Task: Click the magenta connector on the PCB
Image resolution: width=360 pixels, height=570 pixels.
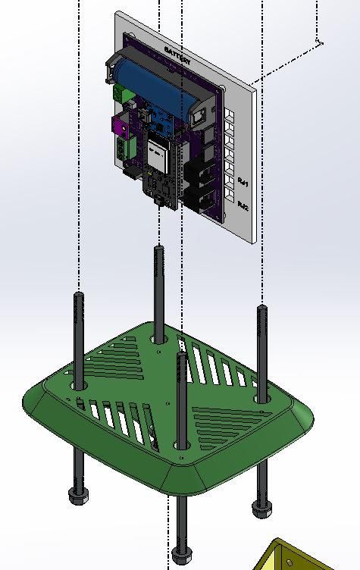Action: tap(121, 123)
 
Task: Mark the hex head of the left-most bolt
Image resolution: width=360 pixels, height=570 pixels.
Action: tap(77, 497)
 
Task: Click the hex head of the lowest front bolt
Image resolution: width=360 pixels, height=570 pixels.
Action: tap(181, 553)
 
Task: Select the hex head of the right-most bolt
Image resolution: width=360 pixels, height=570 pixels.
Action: tap(261, 509)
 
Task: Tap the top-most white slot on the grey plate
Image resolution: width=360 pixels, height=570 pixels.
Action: tap(229, 114)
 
